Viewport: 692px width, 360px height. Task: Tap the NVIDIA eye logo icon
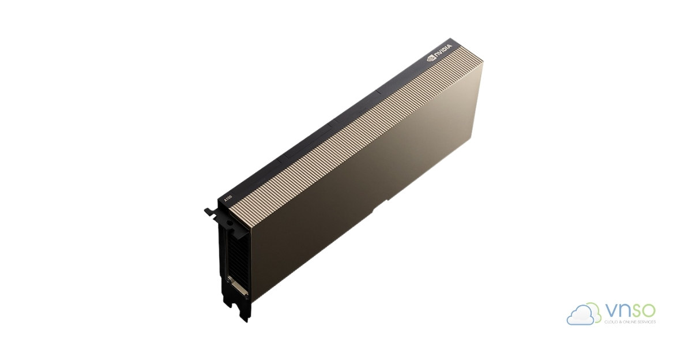tap(430, 58)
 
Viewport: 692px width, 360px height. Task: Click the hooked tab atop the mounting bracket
tap(210, 212)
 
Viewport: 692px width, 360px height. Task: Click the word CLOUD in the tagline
tap(611, 322)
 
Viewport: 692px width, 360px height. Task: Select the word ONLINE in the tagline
tap(627, 322)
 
